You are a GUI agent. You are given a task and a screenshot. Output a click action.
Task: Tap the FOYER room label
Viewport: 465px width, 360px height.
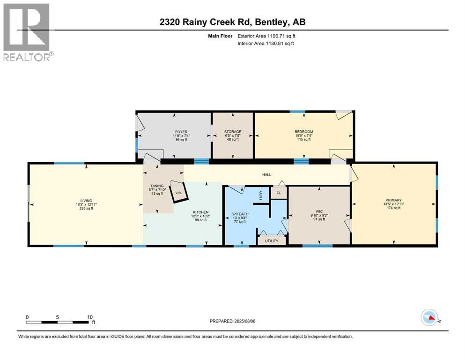pyautogui.click(x=174, y=132)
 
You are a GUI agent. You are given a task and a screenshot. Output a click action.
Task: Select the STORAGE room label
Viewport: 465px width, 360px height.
pyautogui.click(x=232, y=132)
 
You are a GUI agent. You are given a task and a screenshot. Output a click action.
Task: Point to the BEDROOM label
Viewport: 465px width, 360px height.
pyautogui.click(x=303, y=132)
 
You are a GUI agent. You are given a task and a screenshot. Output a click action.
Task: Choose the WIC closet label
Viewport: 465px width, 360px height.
pyautogui.click(x=319, y=212)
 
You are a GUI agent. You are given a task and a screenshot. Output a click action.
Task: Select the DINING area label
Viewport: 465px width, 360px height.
pyautogui.click(x=157, y=186)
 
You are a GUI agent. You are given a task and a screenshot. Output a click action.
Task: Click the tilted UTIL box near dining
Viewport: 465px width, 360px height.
pyautogui.click(x=178, y=192)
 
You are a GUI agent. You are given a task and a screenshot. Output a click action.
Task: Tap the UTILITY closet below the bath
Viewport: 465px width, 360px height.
pyautogui.click(x=272, y=241)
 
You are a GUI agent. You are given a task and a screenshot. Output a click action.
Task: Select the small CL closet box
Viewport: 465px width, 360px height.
pyautogui.click(x=279, y=193)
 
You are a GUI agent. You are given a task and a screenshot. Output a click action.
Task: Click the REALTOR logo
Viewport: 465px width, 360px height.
pyautogui.click(x=27, y=33)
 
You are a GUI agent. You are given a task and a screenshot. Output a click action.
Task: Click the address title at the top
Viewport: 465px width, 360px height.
pyautogui.click(x=231, y=22)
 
